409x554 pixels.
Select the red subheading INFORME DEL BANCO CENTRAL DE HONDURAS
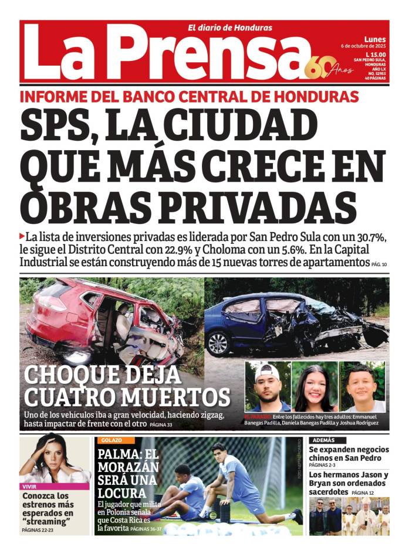(189, 97)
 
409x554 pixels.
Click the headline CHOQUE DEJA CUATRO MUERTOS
(127, 385)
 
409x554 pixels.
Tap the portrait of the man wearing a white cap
(268, 386)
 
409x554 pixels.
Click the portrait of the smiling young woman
(315, 387)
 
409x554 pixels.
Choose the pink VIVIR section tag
(29, 487)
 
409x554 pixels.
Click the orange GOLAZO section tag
(111, 440)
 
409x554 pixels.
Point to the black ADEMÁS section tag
(324, 440)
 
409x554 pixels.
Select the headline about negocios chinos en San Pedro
(349, 453)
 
